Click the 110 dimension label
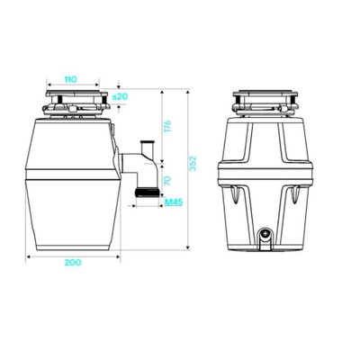[71, 79]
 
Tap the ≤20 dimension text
[120, 96]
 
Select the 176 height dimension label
[167, 126]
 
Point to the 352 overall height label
[193, 163]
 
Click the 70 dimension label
[167, 181]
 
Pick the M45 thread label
[174, 202]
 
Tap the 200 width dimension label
[73, 262]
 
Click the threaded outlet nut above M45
[148, 192]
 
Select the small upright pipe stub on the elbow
[147, 147]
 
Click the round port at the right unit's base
[265, 234]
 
